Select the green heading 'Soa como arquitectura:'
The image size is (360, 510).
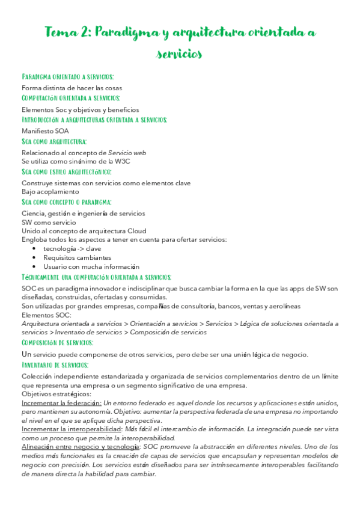(x=54, y=141)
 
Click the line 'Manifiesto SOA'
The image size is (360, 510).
(x=45, y=131)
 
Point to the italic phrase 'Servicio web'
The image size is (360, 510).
(x=127, y=153)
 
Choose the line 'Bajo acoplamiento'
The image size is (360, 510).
(x=50, y=191)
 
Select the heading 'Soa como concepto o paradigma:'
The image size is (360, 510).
(x=66, y=202)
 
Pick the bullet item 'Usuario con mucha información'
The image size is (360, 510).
(x=91, y=266)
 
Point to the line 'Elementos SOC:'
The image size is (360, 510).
(x=46, y=315)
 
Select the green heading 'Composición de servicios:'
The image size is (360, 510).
(x=57, y=342)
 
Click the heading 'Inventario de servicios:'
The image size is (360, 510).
(x=55, y=364)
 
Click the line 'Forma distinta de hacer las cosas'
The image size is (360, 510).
(x=72, y=87)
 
